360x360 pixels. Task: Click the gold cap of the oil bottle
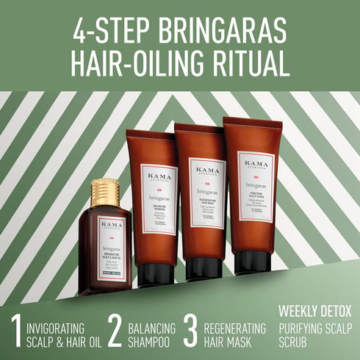(x=105, y=192)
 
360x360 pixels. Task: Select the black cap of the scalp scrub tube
(x=253, y=262)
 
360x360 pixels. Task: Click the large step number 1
(x=15, y=331)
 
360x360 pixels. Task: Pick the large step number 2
(x=114, y=331)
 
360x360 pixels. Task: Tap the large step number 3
(x=190, y=331)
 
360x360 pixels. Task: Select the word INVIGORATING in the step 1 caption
(x=60, y=327)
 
